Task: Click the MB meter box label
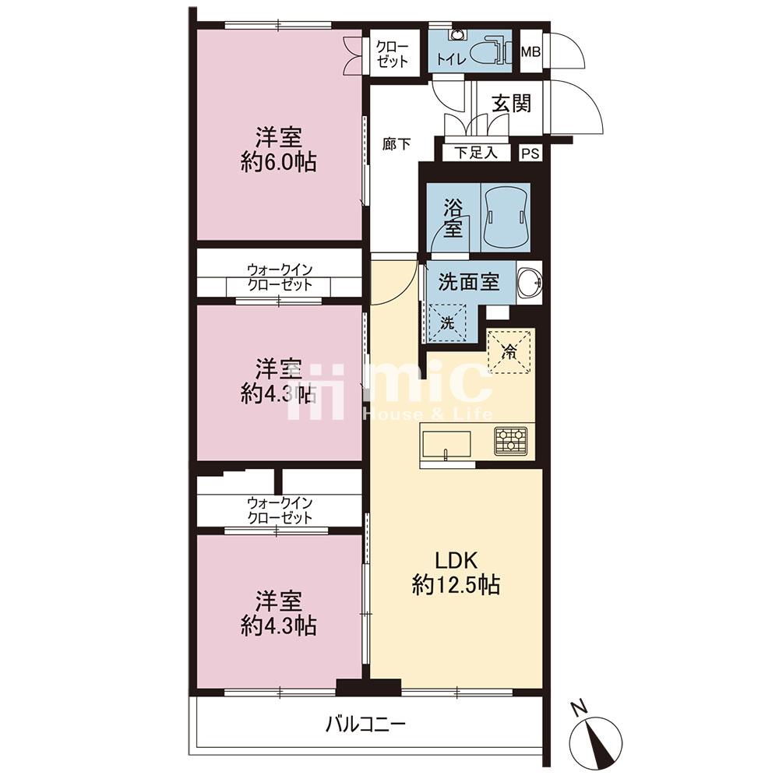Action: [x=530, y=51]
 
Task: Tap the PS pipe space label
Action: [x=530, y=153]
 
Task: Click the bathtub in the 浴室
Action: [x=506, y=217]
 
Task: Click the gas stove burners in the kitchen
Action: [x=511, y=441]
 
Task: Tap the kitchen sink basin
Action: [x=446, y=445]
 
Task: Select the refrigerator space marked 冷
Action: [x=511, y=351]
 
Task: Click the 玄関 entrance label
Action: [x=511, y=104]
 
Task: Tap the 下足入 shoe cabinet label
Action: [x=476, y=153]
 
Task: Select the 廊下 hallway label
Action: [x=397, y=144]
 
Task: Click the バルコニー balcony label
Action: [x=365, y=724]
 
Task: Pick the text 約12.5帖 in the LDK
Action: [x=456, y=585]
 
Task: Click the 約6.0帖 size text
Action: [x=279, y=163]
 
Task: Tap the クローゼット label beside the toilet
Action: [x=393, y=55]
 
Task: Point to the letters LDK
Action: [x=456, y=560]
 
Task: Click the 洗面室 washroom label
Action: [x=468, y=282]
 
